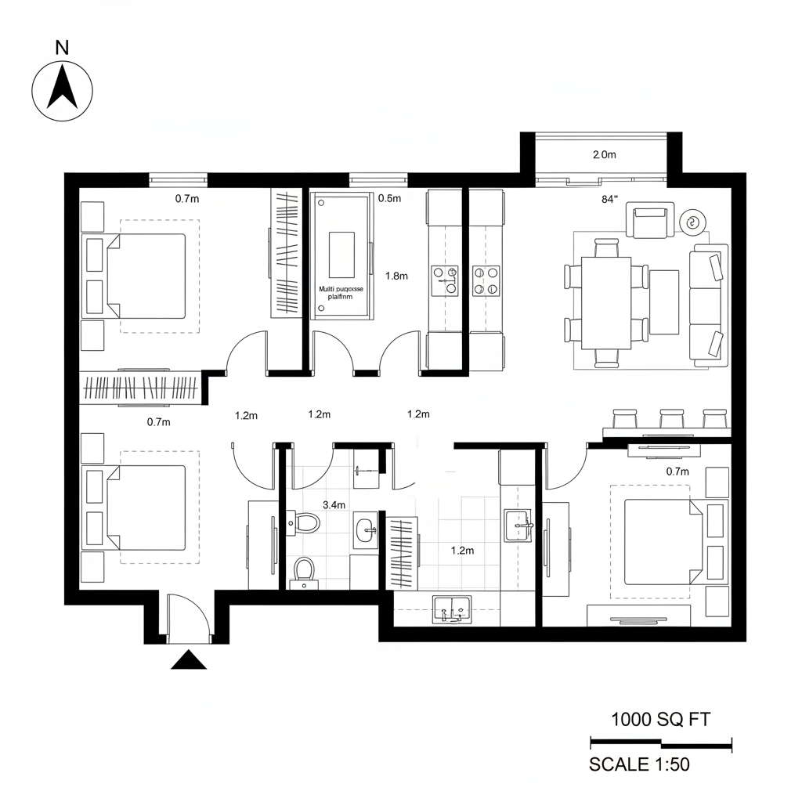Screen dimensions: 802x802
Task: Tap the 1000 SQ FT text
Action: pyautogui.click(x=660, y=719)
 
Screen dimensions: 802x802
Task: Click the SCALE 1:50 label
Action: pyautogui.click(x=639, y=764)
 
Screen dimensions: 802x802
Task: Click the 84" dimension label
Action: pyautogui.click(x=610, y=199)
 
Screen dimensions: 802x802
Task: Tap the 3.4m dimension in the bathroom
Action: pyautogui.click(x=334, y=504)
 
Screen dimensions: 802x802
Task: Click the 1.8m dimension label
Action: pyautogui.click(x=397, y=276)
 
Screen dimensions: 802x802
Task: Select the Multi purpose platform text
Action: pyautogui.click(x=341, y=292)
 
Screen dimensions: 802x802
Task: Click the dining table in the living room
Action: pyautogui.click(x=605, y=303)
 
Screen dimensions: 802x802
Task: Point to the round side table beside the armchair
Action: pyautogui.click(x=692, y=222)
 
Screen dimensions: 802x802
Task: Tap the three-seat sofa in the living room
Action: pyautogui.click(x=708, y=305)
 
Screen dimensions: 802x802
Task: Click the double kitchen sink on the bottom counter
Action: pyautogui.click(x=451, y=609)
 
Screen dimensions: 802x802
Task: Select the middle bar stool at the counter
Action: pyautogui.click(x=672, y=417)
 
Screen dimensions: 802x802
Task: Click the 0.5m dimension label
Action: pyautogui.click(x=389, y=198)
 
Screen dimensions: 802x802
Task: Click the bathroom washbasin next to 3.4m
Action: pyautogui.click(x=365, y=530)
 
